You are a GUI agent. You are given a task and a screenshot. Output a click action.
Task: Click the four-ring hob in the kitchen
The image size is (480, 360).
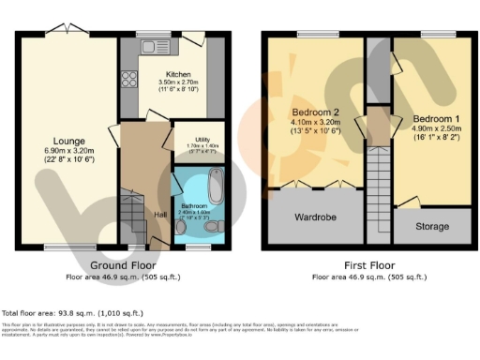click(129, 79)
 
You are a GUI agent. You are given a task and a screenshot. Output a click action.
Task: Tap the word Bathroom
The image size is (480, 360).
click(194, 206)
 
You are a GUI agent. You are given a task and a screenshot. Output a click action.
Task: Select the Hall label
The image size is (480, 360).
click(160, 214)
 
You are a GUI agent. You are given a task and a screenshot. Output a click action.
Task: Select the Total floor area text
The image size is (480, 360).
click(72, 312)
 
